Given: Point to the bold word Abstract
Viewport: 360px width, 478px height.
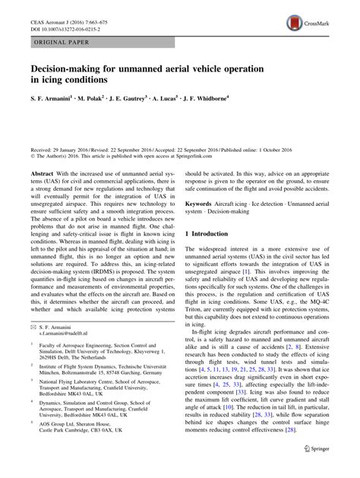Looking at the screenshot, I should click(43, 173).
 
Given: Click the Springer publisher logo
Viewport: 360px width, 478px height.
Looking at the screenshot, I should click(327, 464).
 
